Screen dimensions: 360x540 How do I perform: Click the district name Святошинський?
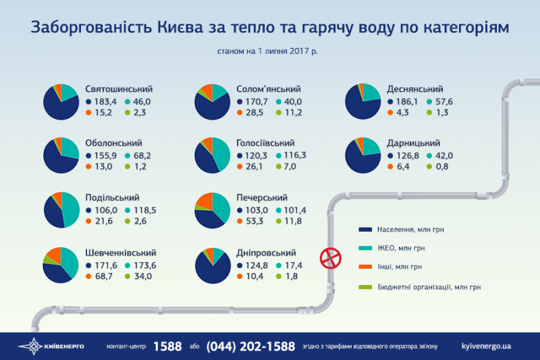click(x=119, y=89)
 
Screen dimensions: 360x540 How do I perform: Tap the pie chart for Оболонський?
click(x=61, y=154)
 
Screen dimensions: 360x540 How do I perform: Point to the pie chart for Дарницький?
click(x=363, y=154)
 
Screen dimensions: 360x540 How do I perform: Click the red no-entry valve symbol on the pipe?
click(x=329, y=256)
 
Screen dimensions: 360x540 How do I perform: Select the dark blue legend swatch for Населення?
click(x=367, y=230)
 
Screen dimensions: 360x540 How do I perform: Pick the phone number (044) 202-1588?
click(x=250, y=346)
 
